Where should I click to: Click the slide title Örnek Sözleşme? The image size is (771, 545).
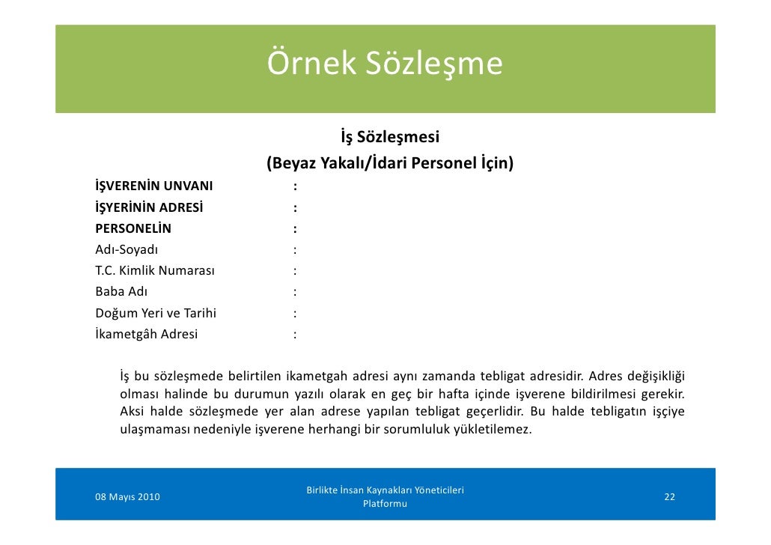pos(385,64)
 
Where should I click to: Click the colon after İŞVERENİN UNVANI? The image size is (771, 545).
pos(296,186)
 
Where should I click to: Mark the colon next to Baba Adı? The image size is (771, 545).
pos(296,292)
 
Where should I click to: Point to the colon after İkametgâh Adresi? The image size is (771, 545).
pos(296,334)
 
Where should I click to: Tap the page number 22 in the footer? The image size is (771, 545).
pos(669,497)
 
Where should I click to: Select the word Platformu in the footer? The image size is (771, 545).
pos(385,504)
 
